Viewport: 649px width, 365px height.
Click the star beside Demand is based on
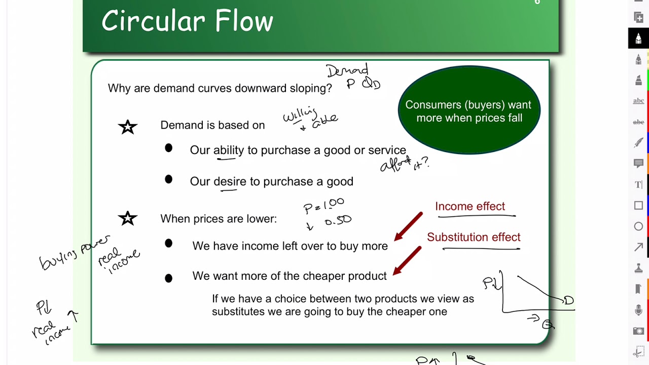[128, 127]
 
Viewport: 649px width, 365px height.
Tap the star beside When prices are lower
[128, 218]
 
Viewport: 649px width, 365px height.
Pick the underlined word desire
[230, 181]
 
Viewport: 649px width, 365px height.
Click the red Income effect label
[470, 206]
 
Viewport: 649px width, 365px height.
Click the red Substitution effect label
[474, 237]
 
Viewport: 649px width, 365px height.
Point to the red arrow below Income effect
[408, 226]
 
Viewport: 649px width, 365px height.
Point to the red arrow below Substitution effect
[407, 261]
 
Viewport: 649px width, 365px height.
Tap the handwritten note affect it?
[404, 164]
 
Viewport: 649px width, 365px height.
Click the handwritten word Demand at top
[347, 70]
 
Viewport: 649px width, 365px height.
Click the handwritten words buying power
[74, 252]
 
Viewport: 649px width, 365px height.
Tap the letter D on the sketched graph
[568, 301]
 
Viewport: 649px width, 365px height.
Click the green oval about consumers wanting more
[469, 111]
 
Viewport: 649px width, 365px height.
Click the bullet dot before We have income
[168, 243]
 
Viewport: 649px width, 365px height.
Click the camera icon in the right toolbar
[638, 331]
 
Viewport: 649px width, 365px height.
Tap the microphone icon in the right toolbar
[638, 310]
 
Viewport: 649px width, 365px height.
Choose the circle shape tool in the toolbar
[638, 227]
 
